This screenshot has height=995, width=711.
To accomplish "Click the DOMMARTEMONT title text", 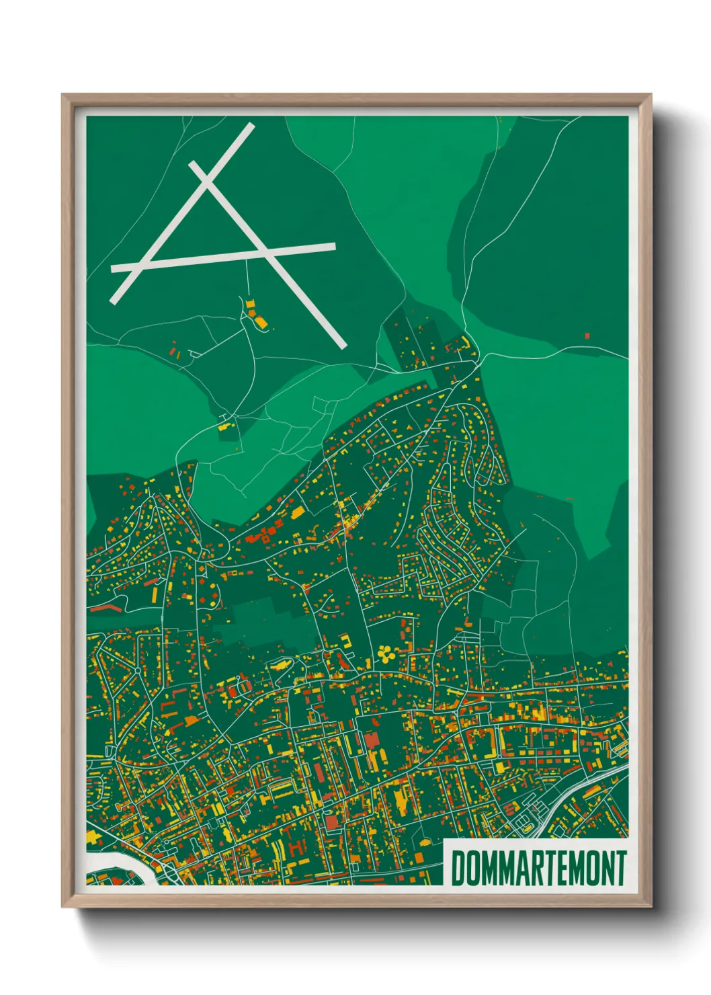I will pos(538,868).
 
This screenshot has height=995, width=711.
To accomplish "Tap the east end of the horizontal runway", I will pos(333,246).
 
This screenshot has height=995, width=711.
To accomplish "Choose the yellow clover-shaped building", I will pos(385,652).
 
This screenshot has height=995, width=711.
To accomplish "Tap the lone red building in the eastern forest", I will pos(587,334).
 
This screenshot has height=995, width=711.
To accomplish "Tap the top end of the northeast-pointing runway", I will pos(251,126).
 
